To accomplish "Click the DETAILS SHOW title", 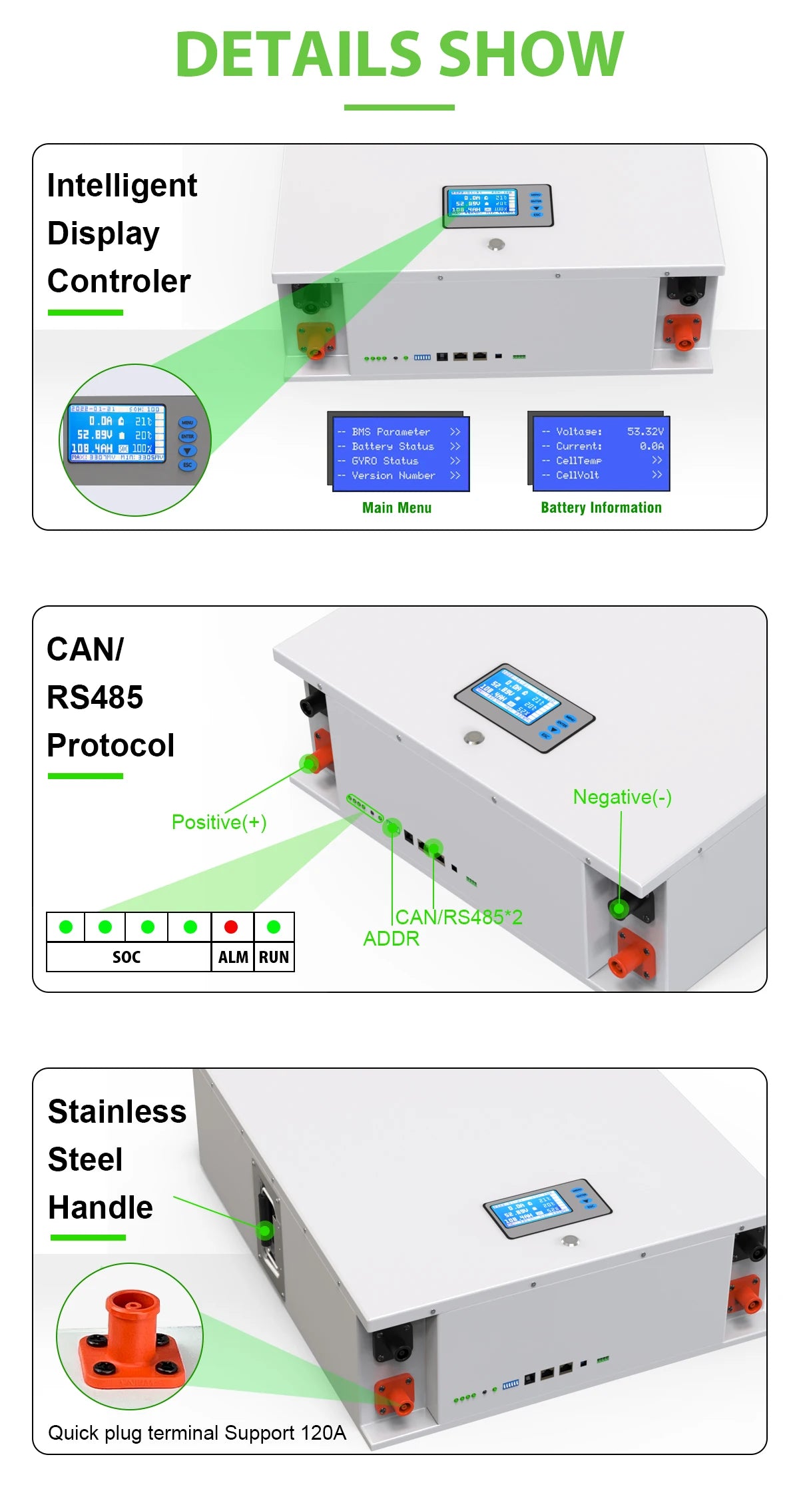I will pyautogui.click(x=399, y=55).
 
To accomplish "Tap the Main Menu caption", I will pyautogui.click(x=397, y=507).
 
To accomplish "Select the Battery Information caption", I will pyautogui.click(x=601, y=507).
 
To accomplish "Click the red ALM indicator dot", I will pyautogui.click(x=231, y=926).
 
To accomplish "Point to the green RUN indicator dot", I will pyautogui.click(x=274, y=926).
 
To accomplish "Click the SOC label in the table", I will pyautogui.click(x=127, y=957).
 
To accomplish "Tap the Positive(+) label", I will pyautogui.click(x=219, y=822).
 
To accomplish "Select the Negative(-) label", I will pyautogui.click(x=622, y=797).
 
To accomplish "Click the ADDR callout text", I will pyautogui.click(x=391, y=939).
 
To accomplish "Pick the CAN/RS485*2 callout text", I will pyautogui.click(x=459, y=918).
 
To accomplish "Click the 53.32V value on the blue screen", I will pyautogui.click(x=645, y=432).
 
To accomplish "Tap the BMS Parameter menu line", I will pyautogui.click(x=391, y=432).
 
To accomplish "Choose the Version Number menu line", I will pyautogui.click(x=393, y=475).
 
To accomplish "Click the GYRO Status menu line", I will pyautogui.click(x=385, y=461).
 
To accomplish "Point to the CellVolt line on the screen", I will pyautogui.click(x=577, y=475).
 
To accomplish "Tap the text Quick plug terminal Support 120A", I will pyautogui.click(x=197, y=1432).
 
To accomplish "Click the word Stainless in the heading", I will pyautogui.click(x=117, y=1111).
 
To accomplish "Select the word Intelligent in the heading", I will pyautogui.click(x=123, y=185).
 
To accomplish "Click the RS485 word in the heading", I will pyautogui.click(x=95, y=697).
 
